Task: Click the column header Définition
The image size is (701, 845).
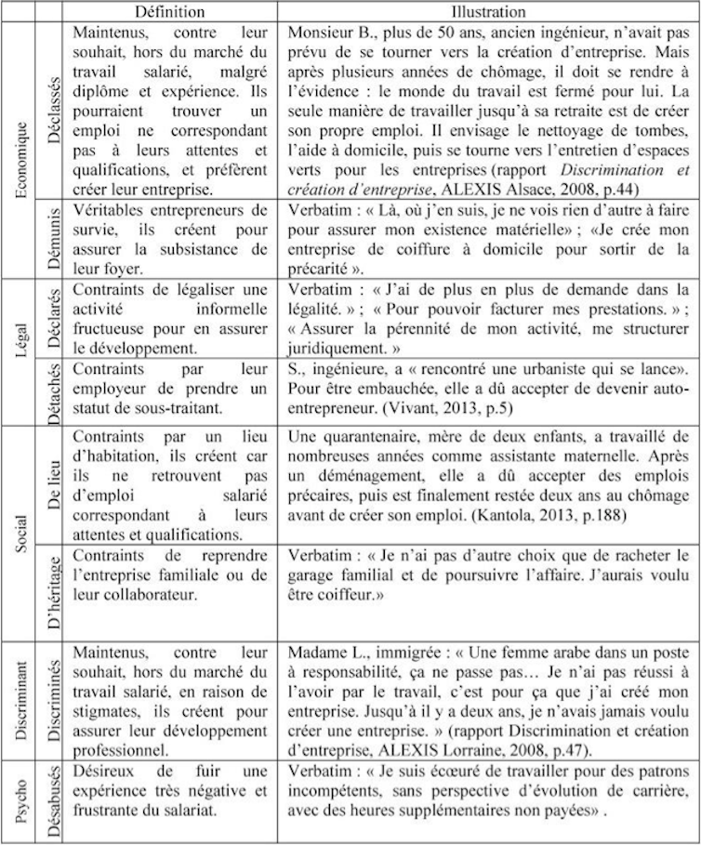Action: pos(168,11)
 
